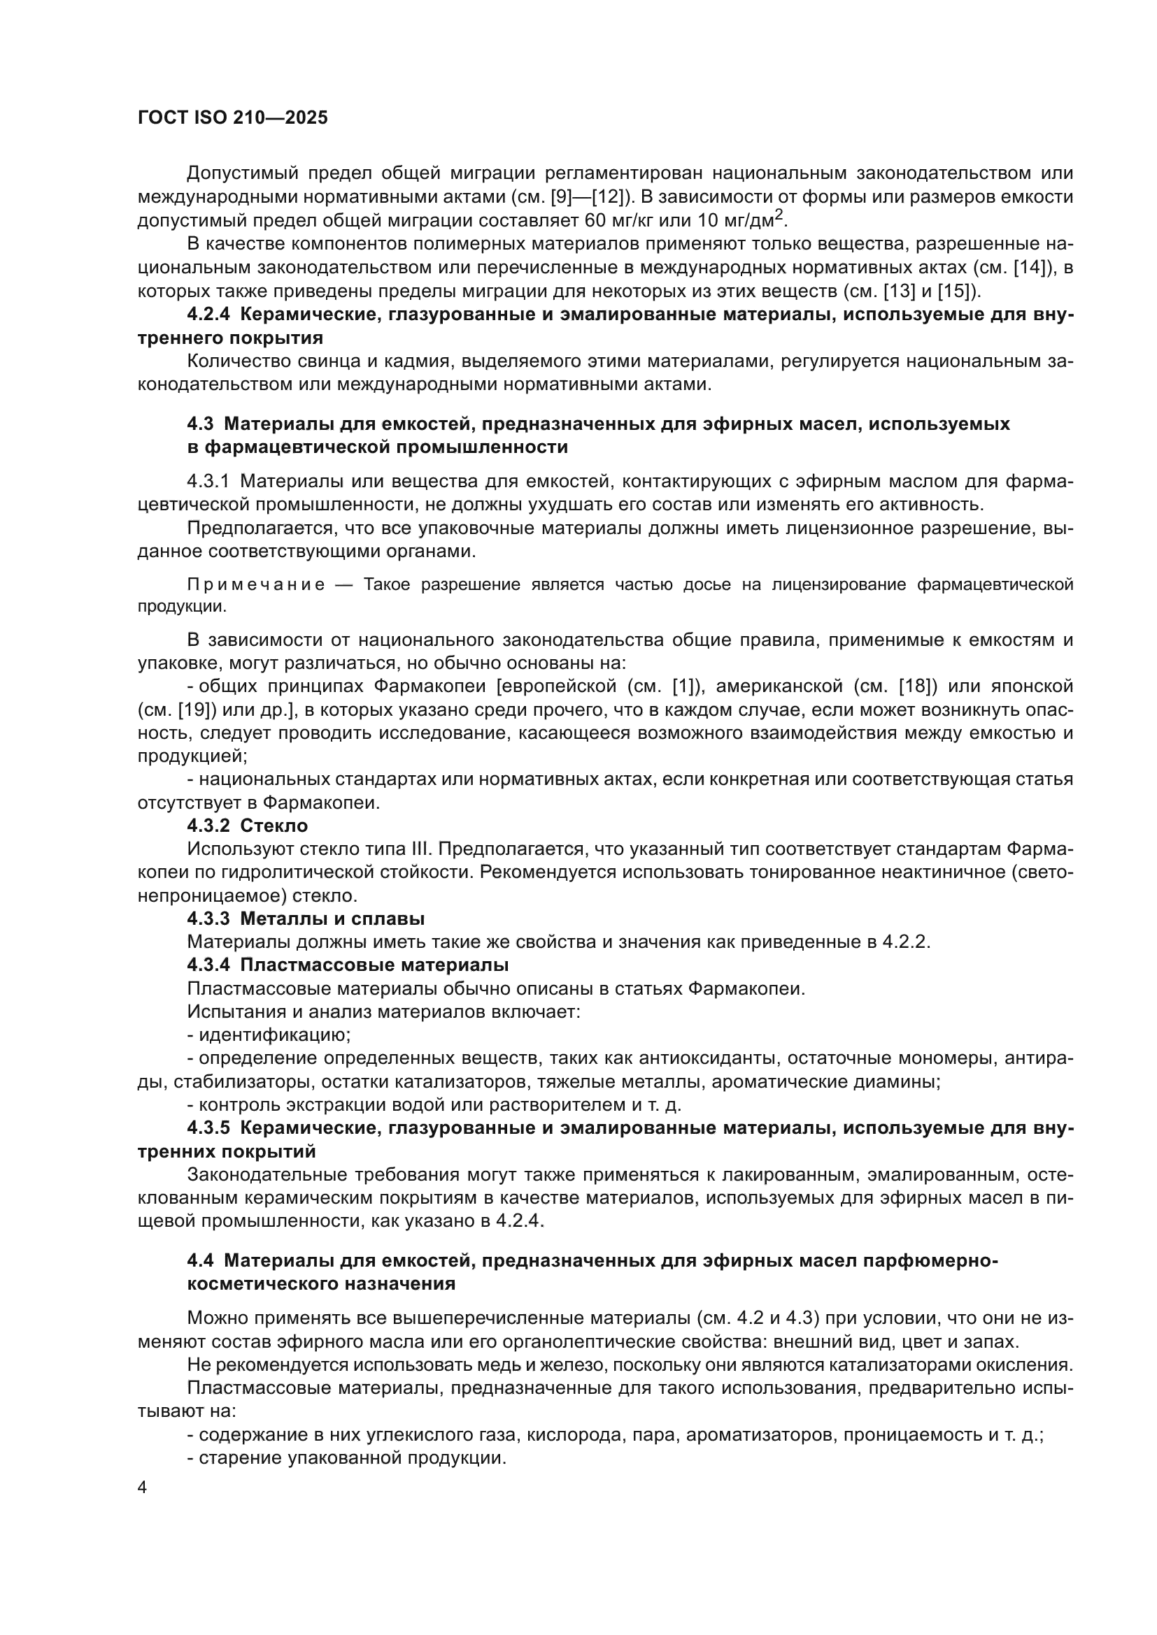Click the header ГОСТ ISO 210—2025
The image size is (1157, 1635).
tap(232, 118)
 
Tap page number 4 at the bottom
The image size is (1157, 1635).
tap(143, 1488)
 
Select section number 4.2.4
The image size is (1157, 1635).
tap(208, 315)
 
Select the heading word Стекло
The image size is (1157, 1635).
tap(274, 826)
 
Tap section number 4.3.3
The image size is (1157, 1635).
tap(208, 919)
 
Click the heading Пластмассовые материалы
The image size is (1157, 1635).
tap(375, 965)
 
